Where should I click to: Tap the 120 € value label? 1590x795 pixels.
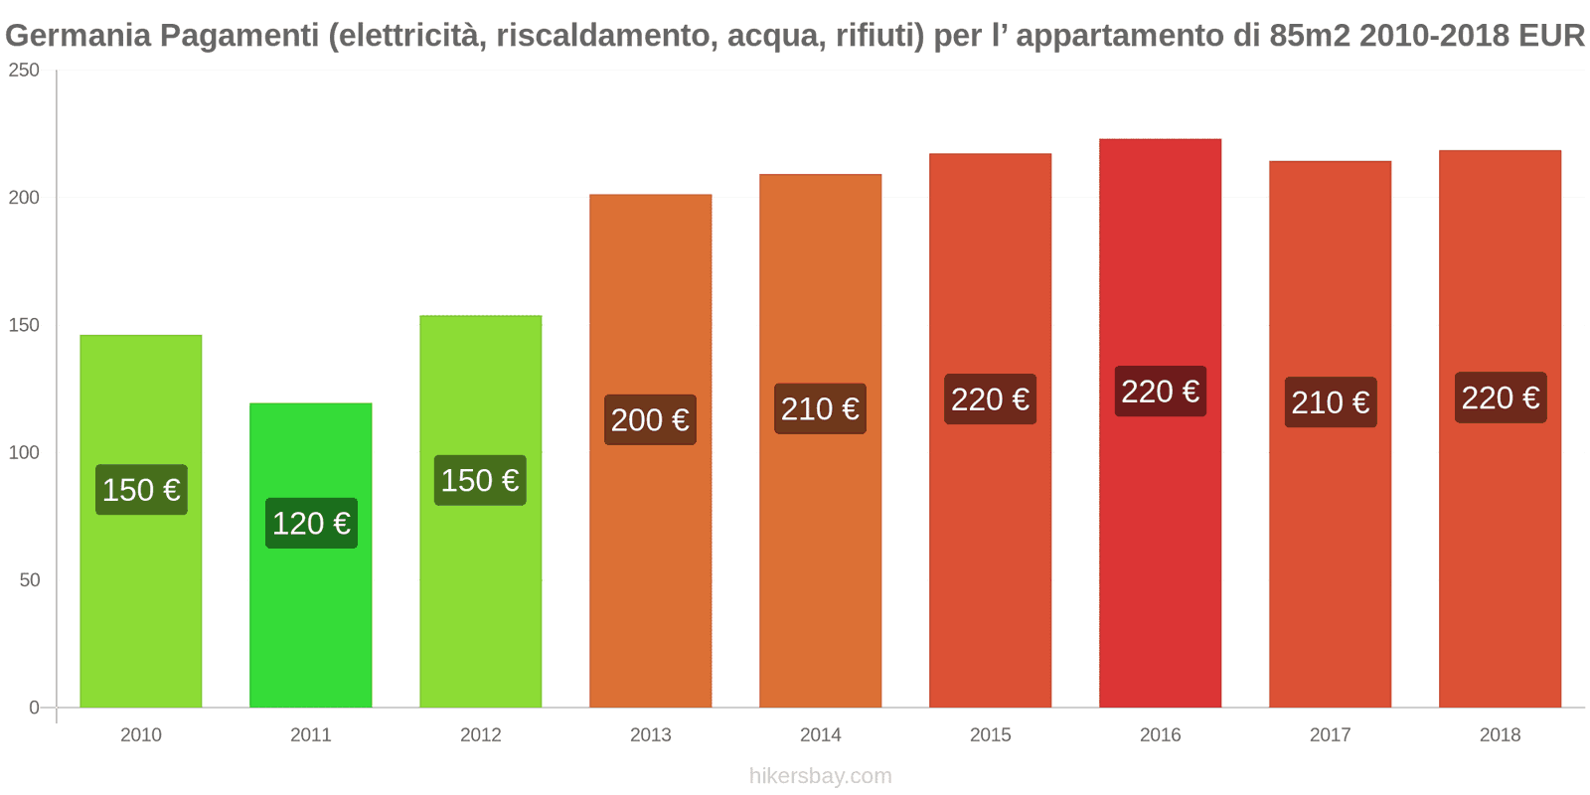coord(311,523)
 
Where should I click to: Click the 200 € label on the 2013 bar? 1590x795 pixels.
coord(650,419)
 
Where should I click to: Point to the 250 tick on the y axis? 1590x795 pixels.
coord(24,71)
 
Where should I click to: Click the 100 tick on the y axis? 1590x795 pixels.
coord(24,452)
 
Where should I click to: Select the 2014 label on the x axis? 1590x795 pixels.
coord(820,734)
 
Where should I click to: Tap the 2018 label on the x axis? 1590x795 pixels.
coord(1500,734)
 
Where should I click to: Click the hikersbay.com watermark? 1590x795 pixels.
coord(820,776)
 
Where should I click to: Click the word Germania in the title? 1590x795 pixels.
coord(78,36)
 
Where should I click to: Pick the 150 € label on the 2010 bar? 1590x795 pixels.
coord(141,490)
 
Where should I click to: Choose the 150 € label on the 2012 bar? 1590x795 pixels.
coord(480,480)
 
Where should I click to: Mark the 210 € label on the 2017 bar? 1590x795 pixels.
coord(1330,402)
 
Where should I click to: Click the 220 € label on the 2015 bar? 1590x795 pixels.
coord(990,399)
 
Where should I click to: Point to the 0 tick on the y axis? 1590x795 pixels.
coord(34,708)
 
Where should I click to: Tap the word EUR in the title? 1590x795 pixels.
coord(1551,36)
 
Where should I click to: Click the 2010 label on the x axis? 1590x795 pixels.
coord(140,734)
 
